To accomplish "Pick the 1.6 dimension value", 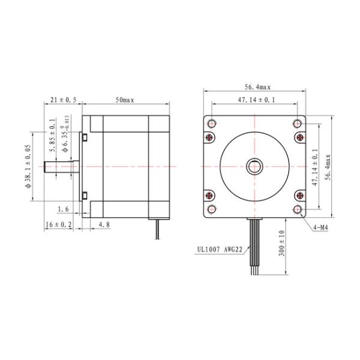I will pyautogui.click(x=64, y=209).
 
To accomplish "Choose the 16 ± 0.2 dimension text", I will pyautogui.click(x=59, y=224).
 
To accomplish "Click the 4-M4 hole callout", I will pyautogui.click(x=322, y=227).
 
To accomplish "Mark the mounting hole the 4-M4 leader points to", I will pyautogui.click(x=298, y=209).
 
